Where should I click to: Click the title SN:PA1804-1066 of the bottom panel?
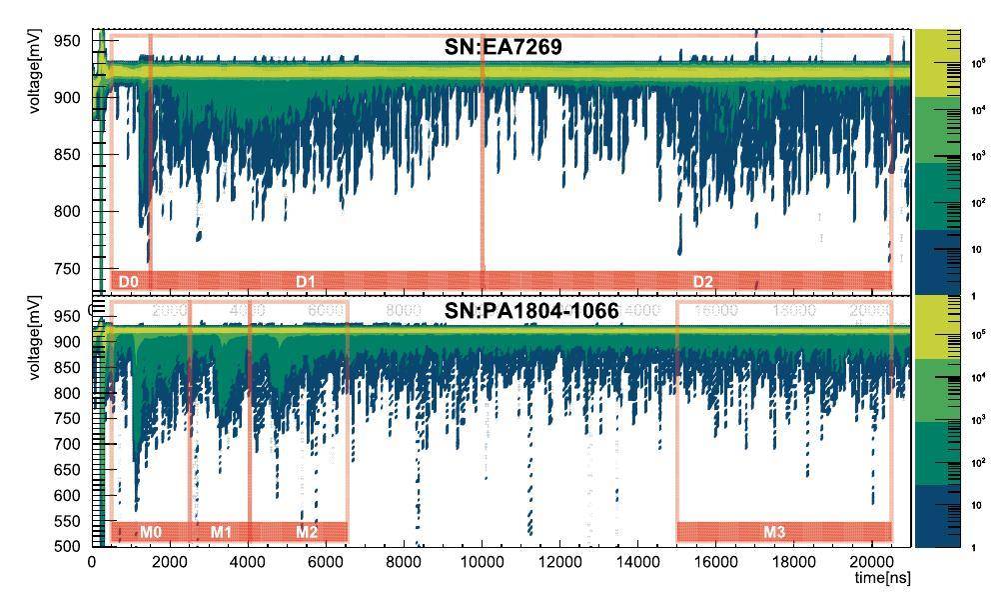point(531,311)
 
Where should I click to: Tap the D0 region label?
point(128,282)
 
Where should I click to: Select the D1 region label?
point(306,282)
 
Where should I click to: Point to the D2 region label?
point(703,282)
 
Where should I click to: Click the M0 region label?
point(151,532)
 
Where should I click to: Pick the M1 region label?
point(221,532)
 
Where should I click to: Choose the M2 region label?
point(307,532)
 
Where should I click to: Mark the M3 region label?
point(774,532)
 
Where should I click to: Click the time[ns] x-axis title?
point(880,579)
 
